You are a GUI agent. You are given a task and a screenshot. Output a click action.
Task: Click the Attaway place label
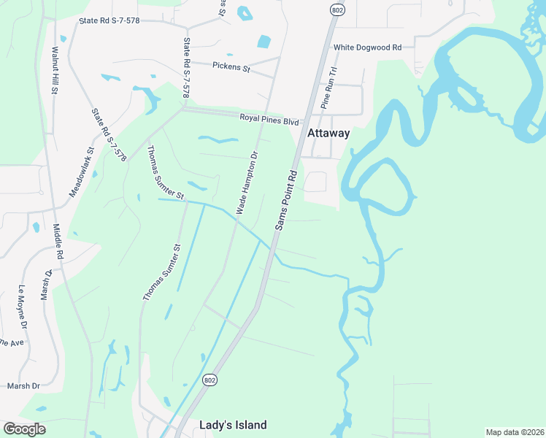pos(328,134)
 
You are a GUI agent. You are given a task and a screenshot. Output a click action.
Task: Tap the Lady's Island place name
pos(234,425)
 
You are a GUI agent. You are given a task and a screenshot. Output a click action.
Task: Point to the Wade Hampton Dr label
pos(247,182)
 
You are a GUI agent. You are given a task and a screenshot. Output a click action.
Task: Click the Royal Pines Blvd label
pos(270,120)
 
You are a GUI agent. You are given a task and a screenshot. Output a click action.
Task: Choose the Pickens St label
pos(231,68)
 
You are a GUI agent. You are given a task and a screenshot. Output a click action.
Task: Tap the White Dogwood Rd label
pos(368,47)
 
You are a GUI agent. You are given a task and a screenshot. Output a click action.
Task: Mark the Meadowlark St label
pos(81,173)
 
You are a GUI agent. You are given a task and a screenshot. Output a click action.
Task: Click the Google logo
pos(24,429)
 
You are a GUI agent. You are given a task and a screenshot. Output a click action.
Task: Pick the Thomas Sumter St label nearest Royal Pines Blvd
pos(165,174)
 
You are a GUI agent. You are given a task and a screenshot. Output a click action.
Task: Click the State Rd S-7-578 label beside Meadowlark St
pos(109,135)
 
